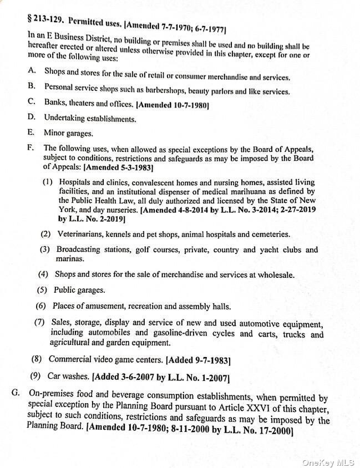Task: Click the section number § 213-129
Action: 45,19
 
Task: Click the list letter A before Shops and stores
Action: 32,71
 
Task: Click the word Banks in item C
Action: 55,103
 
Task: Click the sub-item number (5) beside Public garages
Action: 42,290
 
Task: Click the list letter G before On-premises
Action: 16,393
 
